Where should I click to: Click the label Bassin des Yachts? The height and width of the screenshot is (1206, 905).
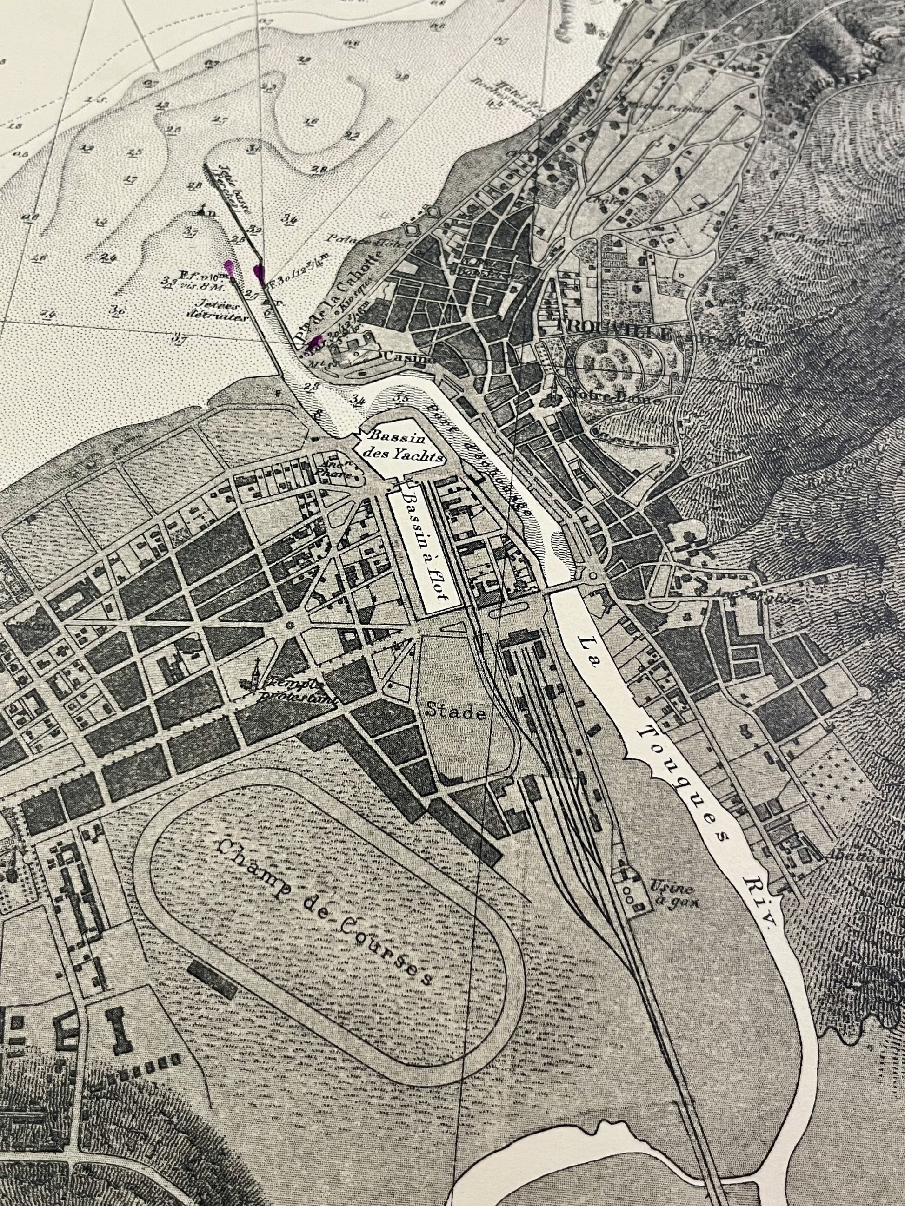(404, 447)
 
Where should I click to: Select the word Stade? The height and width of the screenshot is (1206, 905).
(455, 712)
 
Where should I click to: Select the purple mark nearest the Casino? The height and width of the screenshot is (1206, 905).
(315, 342)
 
